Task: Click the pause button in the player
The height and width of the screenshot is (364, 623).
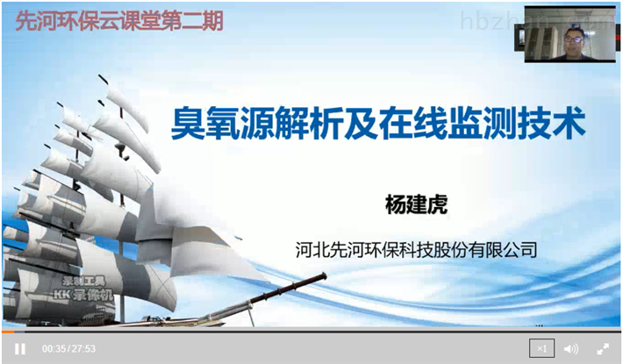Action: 19,348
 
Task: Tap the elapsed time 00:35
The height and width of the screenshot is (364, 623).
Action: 54,349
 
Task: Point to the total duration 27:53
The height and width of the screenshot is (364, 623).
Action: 83,349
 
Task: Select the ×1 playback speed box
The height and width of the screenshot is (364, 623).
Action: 541,348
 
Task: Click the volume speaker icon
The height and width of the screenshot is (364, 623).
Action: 571,348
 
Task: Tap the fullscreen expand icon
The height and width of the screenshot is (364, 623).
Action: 603,348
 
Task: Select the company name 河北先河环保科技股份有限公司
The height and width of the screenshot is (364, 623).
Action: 417,250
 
